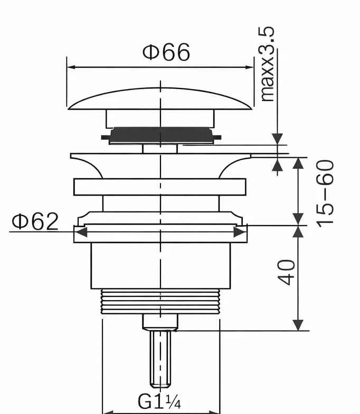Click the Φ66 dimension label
pos(166,53)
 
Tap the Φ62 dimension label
pos(35,222)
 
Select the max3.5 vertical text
pos(268,65)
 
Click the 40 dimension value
pos(288,272)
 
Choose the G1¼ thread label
pos(159,402)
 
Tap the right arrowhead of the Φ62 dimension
pos(241,232)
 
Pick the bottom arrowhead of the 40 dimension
pos(299,325)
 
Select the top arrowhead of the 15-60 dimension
pos(299,162)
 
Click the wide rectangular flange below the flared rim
pos(160,188)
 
